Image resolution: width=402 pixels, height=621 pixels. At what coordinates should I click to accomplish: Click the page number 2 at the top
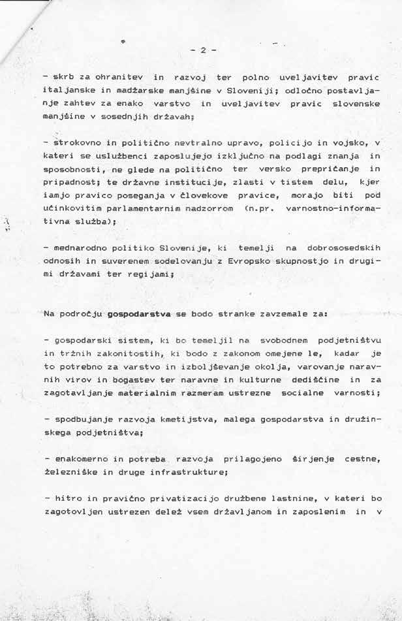(x=203, y=50)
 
